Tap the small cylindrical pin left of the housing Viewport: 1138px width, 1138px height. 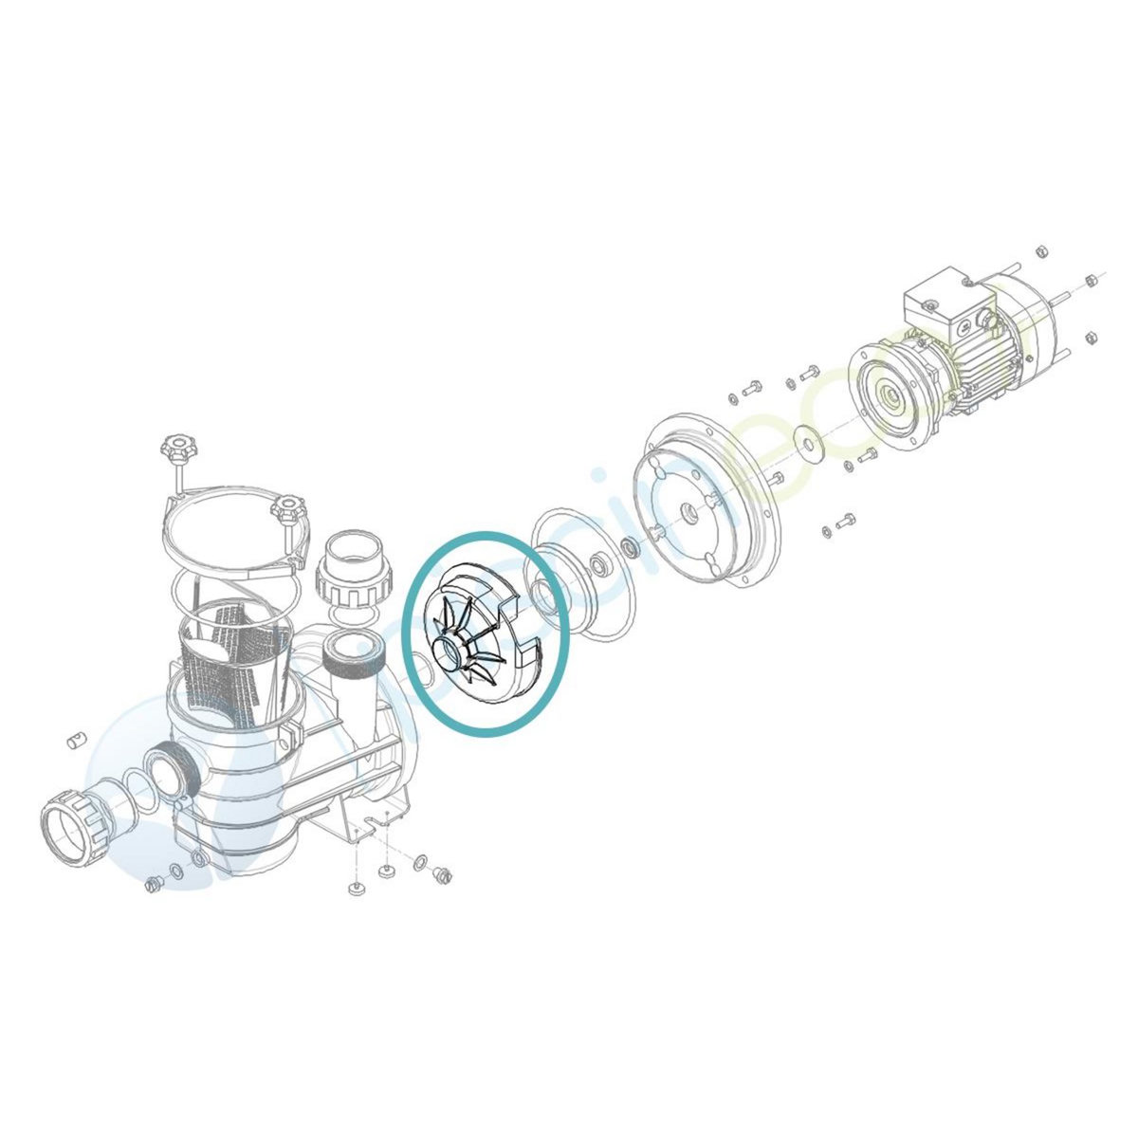[x=76, y=741]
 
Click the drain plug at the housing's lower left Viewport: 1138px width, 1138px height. [x=152, y=884]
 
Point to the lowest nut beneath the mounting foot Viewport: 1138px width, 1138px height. [x=354, y=888]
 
